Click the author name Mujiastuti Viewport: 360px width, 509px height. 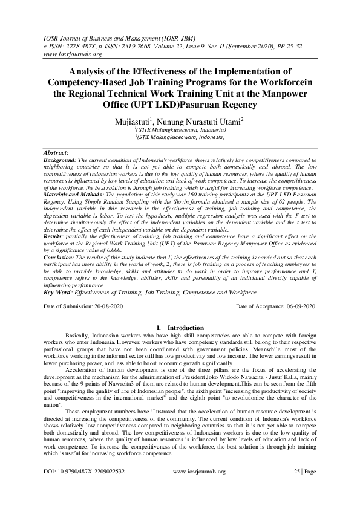click(137, 122)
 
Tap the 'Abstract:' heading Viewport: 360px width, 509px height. click(57, 154)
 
